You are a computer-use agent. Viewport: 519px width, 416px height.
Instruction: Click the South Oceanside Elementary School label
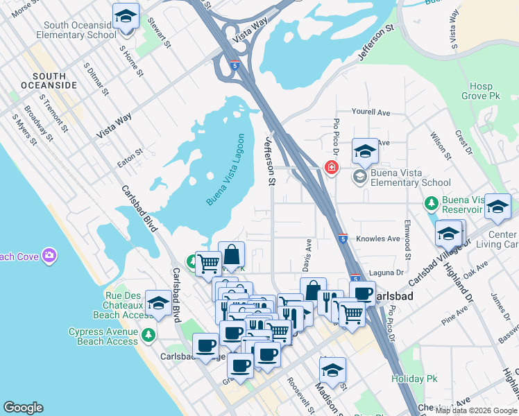(x=76, y=30)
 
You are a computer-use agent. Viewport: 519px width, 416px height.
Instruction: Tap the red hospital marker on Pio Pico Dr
(x=332, y=167)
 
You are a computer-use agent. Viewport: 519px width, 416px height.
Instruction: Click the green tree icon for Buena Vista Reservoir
(x=431, y=203)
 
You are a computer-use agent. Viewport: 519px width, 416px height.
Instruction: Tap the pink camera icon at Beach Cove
(x=49, y=257)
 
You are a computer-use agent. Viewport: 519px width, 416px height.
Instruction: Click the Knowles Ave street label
(x=378, y=239)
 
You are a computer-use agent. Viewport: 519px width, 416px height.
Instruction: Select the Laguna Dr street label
(x=390, y=273)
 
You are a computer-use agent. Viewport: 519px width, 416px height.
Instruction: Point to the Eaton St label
(x=130, y=151)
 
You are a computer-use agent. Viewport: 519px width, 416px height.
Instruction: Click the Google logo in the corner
(x=23, y=408)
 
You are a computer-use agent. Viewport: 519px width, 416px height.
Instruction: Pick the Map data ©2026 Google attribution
(x=476, y=410)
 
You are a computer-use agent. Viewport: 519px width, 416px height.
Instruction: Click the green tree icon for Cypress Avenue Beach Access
(x=148, y=336)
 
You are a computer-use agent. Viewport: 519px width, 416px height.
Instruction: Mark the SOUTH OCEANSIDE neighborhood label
(x=44, y=80)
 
